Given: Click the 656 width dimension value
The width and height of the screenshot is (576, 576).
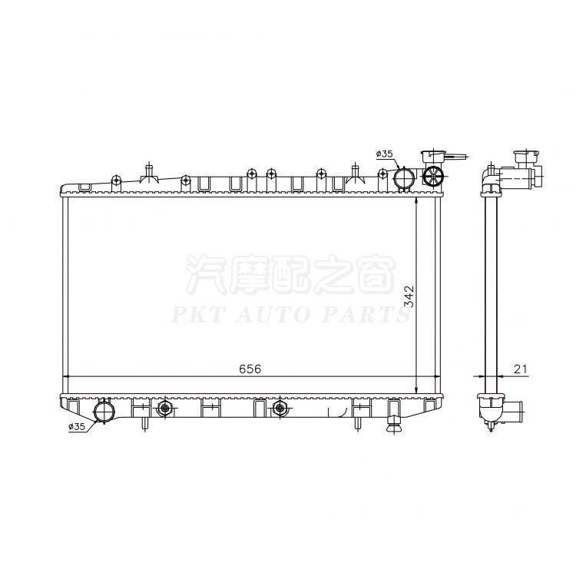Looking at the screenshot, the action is click(250, 369).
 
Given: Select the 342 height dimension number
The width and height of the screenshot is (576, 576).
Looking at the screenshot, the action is click(409, 296).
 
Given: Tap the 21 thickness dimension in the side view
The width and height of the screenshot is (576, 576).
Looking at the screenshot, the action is click(520, 369).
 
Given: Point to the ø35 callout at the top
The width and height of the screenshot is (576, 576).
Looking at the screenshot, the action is click(384, 154).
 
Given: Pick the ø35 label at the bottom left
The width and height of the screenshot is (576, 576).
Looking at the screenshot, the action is click(77, 426).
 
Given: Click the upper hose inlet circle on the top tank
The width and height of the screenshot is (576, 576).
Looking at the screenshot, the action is click(404, 178).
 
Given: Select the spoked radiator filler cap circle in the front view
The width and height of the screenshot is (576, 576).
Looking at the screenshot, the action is click(433, 177).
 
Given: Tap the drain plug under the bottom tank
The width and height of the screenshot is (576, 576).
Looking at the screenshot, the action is click(395, 426).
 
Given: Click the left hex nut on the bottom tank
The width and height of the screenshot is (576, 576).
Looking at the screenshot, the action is click(164, 408).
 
